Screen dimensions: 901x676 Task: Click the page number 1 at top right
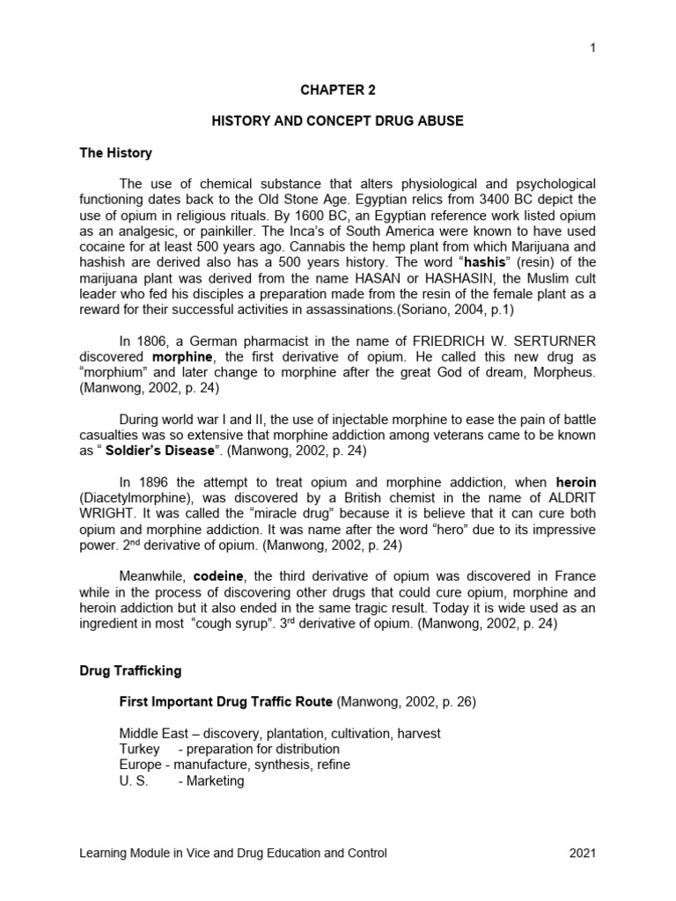click(593, 48)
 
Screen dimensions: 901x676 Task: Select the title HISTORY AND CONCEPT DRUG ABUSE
click(337, 121)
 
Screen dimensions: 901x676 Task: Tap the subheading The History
click(115, 152)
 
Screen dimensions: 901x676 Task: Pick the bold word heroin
click(576, 482)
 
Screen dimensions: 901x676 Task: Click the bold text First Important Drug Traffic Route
click(225, 701)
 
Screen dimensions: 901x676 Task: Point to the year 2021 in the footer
click(581, 853)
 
